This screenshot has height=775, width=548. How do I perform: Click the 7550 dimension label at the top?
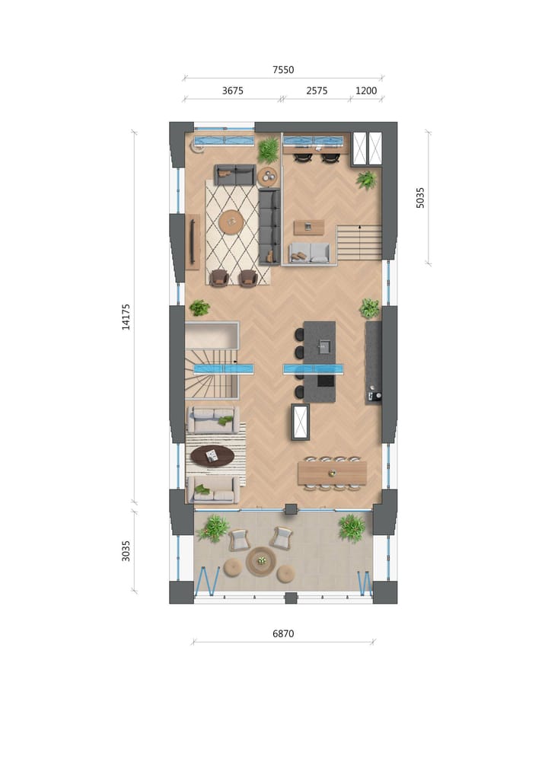point(283,70)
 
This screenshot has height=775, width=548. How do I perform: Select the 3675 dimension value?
point(232,91)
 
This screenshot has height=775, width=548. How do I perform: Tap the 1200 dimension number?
point(366,91)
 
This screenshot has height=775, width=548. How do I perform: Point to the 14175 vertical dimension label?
point(126,317)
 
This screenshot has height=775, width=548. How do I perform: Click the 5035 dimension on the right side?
point(421,198)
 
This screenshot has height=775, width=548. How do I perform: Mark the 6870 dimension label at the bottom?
point(283,633)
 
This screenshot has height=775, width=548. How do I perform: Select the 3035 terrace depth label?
point(126,550)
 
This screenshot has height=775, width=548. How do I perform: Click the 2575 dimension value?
point(317,91)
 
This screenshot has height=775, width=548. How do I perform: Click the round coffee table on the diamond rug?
point(231,222)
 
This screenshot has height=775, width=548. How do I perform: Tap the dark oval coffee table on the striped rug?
point(212,456)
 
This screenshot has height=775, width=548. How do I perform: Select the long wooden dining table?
point(332,473)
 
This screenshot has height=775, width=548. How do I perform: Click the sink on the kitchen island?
point(323,346)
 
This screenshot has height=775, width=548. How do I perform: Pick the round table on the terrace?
point(261,561)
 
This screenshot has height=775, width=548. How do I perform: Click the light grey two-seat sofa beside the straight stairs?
point(309,253)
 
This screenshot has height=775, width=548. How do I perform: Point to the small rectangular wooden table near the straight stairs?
point(308,227)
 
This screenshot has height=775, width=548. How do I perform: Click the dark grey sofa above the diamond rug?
point(234,174)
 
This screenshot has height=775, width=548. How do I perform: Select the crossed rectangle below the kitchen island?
point(300,421)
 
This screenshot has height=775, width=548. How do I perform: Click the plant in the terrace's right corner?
point(352,527)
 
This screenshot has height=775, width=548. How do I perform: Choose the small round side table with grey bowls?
point(268,177)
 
